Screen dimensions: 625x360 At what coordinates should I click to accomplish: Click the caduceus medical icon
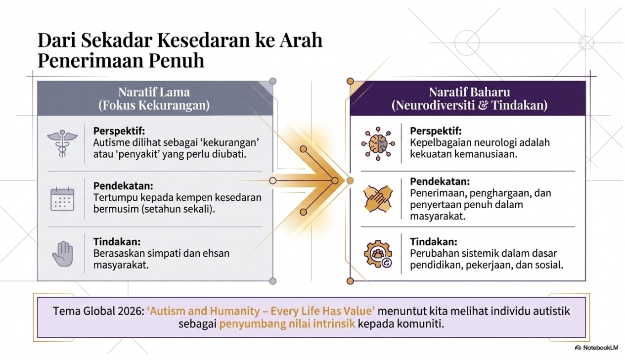pyautogui.click(x=62, y=143)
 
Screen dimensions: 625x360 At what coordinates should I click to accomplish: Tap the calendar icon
pyautogui.click(x=62, y=199)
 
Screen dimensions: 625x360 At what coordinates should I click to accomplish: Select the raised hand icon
pyautogui.click(x=62, y=253)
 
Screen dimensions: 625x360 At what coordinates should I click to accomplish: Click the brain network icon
pyautogui.click(x=378, y=144)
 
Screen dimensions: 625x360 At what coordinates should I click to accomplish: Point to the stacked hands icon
pyautogui.click(x=378, y=199)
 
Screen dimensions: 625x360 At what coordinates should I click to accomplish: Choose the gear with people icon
pyautogui.click(x=378, y=254)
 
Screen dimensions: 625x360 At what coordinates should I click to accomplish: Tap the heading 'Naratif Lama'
pyautogui.click(x=154, y=92)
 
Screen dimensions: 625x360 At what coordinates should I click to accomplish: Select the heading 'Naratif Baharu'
pyautogui.click(x=469, y=92)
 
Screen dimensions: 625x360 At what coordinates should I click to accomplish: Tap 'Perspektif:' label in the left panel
pyautogui.click(x=119, y=131)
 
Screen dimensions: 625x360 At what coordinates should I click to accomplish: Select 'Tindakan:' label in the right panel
pyautogui.click(x=434, y=242)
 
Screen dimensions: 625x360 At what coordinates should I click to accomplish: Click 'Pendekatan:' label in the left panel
pyautogui.click(x=123, y=185)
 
